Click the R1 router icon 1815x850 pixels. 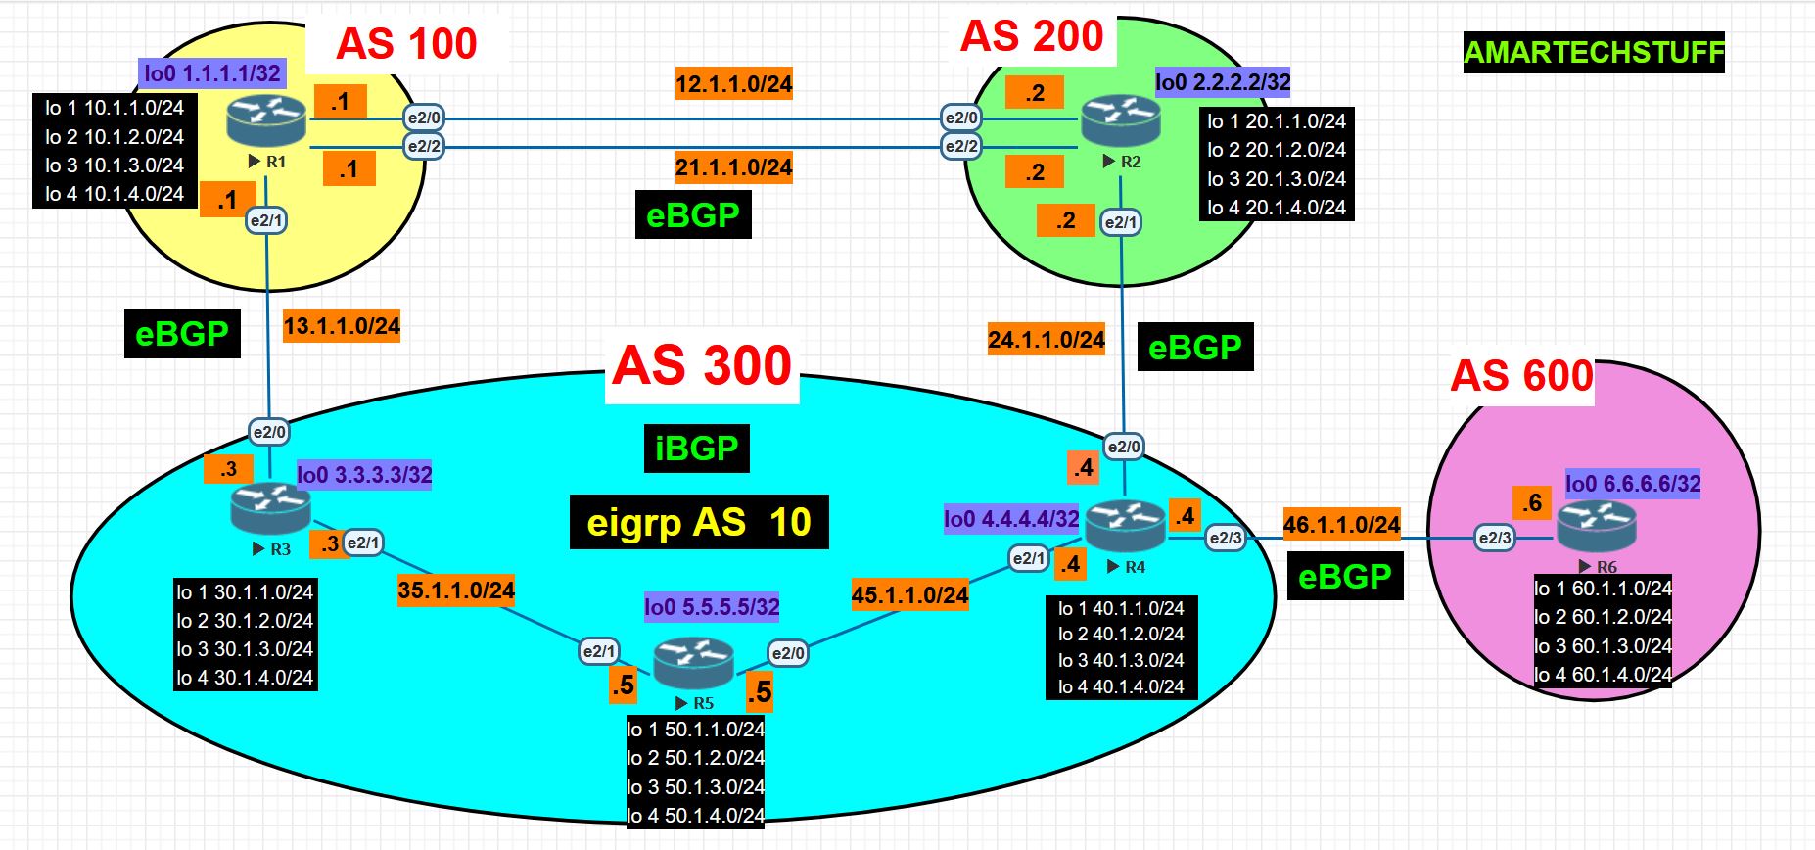click(x=266, y=120)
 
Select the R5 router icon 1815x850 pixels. click(x=693, y=663)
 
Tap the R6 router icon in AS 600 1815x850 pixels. click(x=1596, y=527)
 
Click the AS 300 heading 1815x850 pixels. click(x=702, y=367)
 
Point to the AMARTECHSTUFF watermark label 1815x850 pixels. click(x=1593, y=52)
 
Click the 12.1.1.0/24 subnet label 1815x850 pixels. click(x=733, y=84)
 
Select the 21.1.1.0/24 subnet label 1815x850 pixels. click(x=733, y=167)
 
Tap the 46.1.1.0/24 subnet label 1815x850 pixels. click(x=1341, y=525)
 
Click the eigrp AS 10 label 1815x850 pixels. click(x=699, y=522)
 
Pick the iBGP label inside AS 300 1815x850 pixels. click(x=696, y=449)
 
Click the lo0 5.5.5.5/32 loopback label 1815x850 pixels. click(x=712, y=607)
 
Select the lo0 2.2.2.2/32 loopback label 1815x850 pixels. click(x=1223, y=82)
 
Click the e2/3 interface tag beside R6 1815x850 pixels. click(x=1495, y=537)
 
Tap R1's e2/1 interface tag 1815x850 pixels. click(x=265, y=220)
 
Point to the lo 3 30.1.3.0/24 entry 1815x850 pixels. click(x=245, y=649)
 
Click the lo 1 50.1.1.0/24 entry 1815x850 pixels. click(x=695, y=730)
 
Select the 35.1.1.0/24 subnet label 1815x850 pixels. click(x=455, y=590)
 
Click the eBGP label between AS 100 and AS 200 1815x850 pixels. click(x=692, y=214)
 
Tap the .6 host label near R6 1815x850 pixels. click(x=1531, y=503)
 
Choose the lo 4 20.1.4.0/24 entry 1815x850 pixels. click(x=1276, y=208)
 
